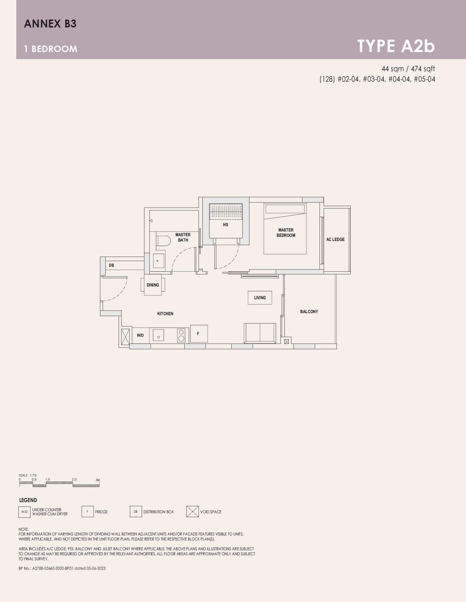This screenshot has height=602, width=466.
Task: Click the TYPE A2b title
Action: coord(396,46)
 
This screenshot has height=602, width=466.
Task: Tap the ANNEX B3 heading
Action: coord(50,24)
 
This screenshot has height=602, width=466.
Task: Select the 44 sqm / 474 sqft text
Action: coord(408,69)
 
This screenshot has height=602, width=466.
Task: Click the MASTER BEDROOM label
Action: coord(286,232)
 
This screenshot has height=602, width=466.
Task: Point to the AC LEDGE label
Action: coord(335,239)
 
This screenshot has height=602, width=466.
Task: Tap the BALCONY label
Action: coord(309,312)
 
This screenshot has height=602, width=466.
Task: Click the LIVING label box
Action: coord(260,298)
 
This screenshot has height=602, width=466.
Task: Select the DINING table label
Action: coord(153,285)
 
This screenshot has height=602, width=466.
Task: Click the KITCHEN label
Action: coord(165,314)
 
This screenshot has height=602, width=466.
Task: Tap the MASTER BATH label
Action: coord(183,237)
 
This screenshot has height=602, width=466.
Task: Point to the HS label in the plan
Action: coord(225,225)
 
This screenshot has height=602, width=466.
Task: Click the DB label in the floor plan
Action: coord(111,265)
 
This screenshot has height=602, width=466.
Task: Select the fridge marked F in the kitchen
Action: coord(199,334)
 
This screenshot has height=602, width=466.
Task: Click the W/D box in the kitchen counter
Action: coord(140,335)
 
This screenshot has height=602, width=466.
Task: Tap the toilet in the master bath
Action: coord(164,241)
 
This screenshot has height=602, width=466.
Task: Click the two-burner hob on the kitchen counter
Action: coord(181,336)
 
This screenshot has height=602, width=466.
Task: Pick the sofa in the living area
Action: coord(260,333)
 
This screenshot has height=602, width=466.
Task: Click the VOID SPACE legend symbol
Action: coord(192,512)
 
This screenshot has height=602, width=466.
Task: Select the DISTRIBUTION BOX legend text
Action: coord(159,512)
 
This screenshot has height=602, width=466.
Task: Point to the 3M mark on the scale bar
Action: coord(98,480)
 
